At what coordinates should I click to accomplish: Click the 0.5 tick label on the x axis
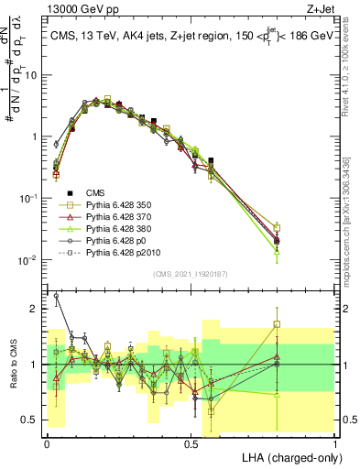tap(191, 442)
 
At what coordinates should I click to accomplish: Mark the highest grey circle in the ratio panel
tap(57, 296)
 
